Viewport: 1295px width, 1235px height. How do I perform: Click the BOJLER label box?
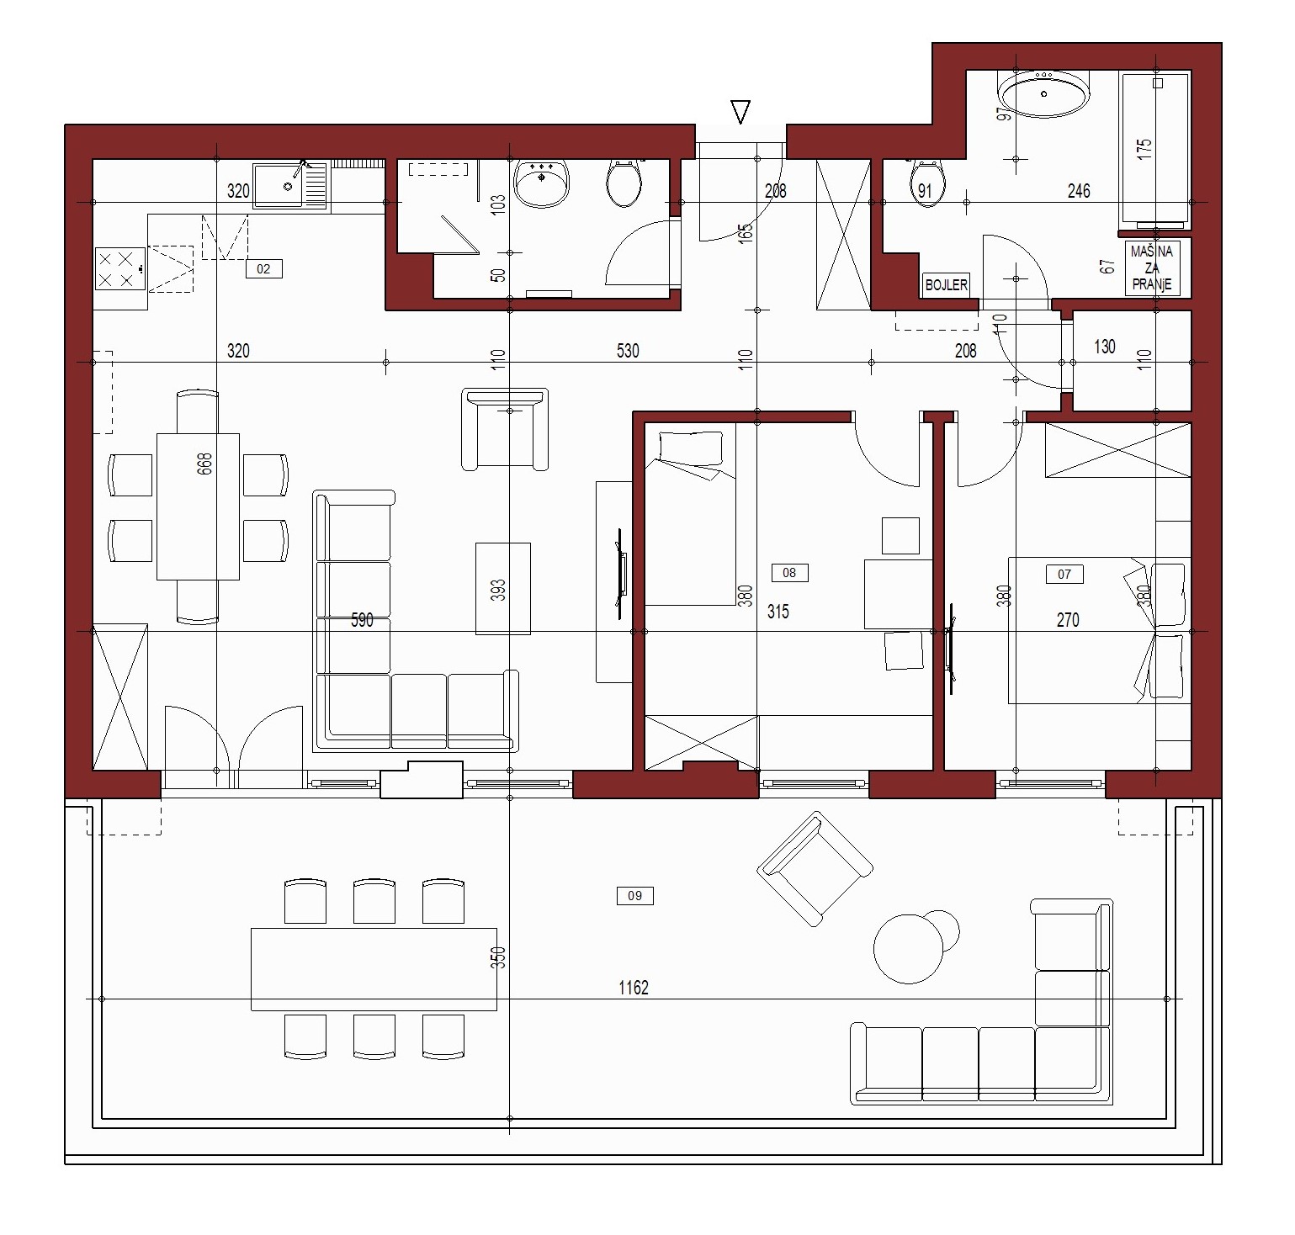[x=947, y=285]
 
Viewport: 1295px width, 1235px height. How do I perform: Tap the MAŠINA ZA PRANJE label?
[x=1152, y=268]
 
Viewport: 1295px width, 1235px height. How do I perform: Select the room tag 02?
[x=263, y=269]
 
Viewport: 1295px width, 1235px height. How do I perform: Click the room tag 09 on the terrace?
[x=634, y=896]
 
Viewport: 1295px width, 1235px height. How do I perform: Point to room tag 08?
[x=789, y=573]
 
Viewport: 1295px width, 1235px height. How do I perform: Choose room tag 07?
[x=1064, y=574]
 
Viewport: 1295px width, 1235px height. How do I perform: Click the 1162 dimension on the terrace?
[x=634, y=988]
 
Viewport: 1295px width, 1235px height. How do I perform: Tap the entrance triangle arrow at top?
[x=740, y=112]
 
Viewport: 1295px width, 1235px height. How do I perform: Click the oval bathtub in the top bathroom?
[x=1043, y=93]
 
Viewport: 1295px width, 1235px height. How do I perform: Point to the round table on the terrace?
[x=908, y=949]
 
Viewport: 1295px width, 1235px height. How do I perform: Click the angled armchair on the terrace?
[x=815, y=868]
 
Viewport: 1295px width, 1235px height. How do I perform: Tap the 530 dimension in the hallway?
[x=628, y=351]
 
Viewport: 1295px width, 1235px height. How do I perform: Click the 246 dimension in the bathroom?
[x=1079, y=191]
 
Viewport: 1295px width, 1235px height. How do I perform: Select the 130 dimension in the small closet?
[x=1105, y=346]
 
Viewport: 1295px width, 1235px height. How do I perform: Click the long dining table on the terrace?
[x=374, y=969]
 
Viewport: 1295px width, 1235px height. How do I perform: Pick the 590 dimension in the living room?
[x=362, y=620]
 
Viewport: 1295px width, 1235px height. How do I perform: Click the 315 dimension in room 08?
[x=778, y=612]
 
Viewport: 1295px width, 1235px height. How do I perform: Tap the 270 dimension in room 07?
[x=1068, y=620]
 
